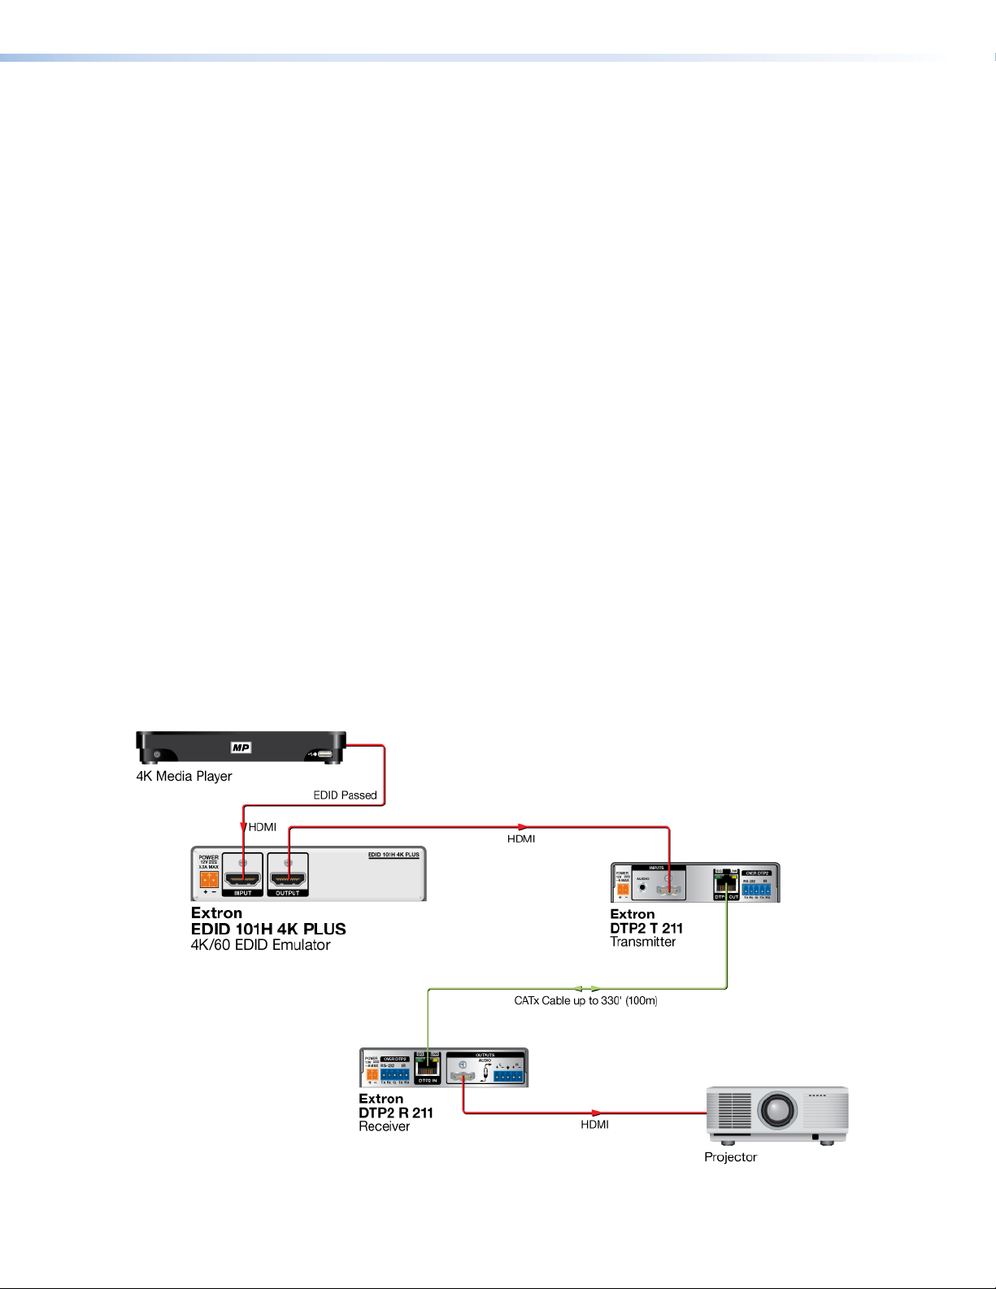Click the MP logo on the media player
(241, 747)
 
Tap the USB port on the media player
(324, 754)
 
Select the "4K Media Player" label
(184, 776)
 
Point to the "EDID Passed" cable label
(345, 795)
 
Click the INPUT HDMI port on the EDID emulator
(243, 878)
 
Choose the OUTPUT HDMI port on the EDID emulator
(287, 878)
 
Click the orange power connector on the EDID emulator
(208, 879)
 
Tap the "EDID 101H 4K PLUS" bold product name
(268, 929)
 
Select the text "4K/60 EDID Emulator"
(260, 945)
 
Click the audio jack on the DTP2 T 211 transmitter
(643, 889)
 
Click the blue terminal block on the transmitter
(756, 889)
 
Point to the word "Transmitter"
(642, 942)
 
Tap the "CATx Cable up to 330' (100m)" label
(585, 1000)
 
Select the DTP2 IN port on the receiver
(427, 1067)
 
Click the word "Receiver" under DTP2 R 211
(384, 1126)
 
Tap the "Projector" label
(730, 1156)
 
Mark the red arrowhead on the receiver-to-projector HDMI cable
(598, 1113)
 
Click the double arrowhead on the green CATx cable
(585, 989)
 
